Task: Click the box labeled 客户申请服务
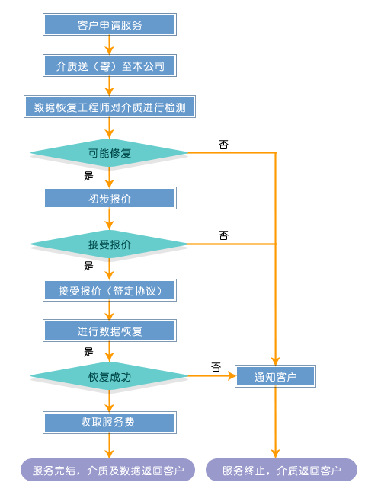(x=110, y=24)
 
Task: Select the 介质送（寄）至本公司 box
(x=110, y=65)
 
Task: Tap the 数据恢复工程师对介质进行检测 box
(x=110, y=107)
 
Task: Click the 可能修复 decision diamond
(x=109, y=153)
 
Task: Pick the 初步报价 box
(x=110, y=198)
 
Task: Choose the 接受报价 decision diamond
(x=109, y=244)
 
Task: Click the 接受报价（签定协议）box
(x=110, y=290)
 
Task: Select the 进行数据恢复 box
(x=110, y=331)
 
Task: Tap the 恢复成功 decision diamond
(x=109, y=376)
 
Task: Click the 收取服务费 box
(x=110, y=423)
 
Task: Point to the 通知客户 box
(x=276, y=376)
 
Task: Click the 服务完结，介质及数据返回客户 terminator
(x=107, y=470)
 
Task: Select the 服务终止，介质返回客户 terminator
(x=281, y=470)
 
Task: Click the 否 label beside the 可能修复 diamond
(x=223, y=145)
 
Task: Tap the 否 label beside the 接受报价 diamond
(x=223, y=235)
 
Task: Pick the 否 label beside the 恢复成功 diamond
(x=216, y=367)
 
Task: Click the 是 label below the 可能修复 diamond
(x=89, y=176)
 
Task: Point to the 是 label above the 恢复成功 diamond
(x=89, y=352)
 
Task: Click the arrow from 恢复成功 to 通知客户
(x=212, y=376)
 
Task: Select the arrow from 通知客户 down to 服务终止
(x=276, y=423)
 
